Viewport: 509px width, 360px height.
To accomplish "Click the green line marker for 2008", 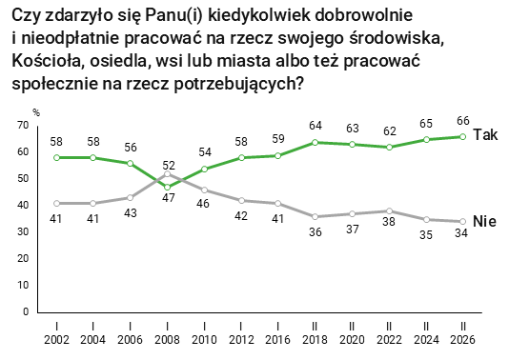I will click(167, 187).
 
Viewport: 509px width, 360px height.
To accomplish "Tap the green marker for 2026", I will click(462, 136).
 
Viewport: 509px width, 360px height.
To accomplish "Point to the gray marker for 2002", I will click(56, 203).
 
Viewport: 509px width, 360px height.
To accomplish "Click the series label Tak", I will click(485, 134).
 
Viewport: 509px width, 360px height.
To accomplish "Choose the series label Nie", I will click(485, 221).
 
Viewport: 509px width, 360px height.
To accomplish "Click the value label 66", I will click(462, 121).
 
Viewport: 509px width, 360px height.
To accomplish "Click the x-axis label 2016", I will click(277, 339).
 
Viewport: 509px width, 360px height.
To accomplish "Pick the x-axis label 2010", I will click(203, 339).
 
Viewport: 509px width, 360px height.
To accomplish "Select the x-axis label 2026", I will click(462, 339).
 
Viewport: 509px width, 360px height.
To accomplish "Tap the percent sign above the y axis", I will click(35, 112).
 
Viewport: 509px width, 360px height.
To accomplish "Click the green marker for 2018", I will click(315, 142).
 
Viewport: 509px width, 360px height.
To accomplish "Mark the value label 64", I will click(315, 126).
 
